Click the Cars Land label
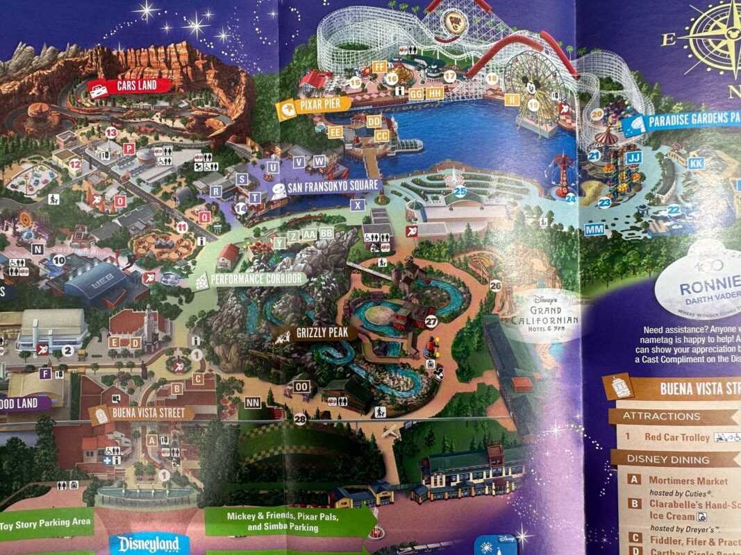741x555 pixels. [x=129, y=86]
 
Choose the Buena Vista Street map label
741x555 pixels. [x=141, y=413]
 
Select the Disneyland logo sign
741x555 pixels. [x=148, y=543]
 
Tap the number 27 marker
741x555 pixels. [x=431, y=321]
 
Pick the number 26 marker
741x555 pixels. [x=495, y=285]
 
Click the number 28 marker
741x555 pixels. [x=299, y=419]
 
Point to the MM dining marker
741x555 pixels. [x=594, y=230]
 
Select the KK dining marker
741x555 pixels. [x=697, y=163]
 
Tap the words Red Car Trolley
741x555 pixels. [x=676, y=438]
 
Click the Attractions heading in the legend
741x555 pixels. [x=661, y=416]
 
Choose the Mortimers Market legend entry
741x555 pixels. [x=688, y=480]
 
